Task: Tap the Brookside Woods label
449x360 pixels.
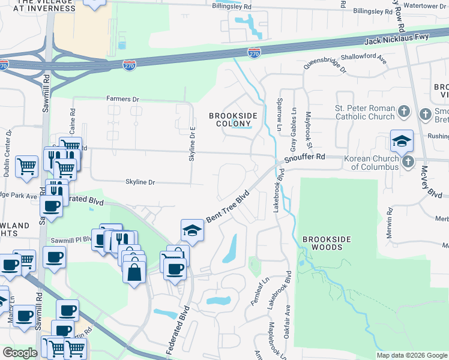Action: (x=326, y=243)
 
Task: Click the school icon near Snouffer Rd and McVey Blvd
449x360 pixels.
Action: (x=402, y=142)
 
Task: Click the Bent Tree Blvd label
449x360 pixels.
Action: (x=228, y=208)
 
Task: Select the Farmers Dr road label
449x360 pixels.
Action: (x=122, y=99)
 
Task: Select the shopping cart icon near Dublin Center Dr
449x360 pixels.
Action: (x=26, y=166)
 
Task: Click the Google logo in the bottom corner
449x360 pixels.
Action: (x=20, y=353)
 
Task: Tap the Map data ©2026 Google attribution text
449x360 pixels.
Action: (x=411, y=355)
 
